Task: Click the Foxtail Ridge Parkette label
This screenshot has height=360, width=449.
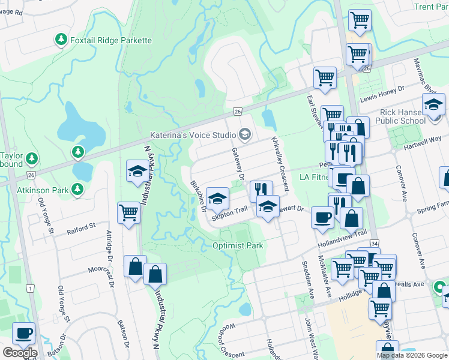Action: coord(111,40)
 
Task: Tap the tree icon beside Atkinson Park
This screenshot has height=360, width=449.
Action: coord(77,190)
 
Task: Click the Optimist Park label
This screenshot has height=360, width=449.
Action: coord(238,245)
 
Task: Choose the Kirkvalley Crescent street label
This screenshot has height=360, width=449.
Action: coord(280,163)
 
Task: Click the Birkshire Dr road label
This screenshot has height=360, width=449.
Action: coord(197,196)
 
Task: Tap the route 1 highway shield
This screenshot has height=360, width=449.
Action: coord(29,289)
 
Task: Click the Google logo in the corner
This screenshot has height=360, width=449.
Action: coord(19,353)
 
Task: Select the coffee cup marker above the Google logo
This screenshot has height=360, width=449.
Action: coord(23,333)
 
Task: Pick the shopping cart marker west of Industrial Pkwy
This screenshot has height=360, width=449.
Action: coord(129,212)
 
